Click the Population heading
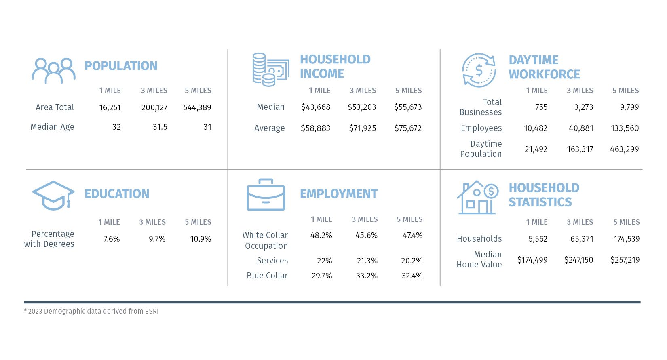point(121,66)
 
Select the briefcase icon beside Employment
point(266,195)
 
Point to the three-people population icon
point(54,71)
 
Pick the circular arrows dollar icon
point(479,70)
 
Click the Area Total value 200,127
point(154,107)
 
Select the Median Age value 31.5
point(160,127)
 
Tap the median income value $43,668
point(316,107)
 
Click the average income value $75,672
point(408,128)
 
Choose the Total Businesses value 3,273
point(584,107)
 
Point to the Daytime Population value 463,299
point(625,149)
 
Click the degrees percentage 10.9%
point(201,239)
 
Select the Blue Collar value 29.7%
point(322,276)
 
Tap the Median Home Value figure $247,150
point(578,260)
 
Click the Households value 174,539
point(627,239)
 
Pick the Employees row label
point(481,128)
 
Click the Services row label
point(272,261)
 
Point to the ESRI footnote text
point(91,311)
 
